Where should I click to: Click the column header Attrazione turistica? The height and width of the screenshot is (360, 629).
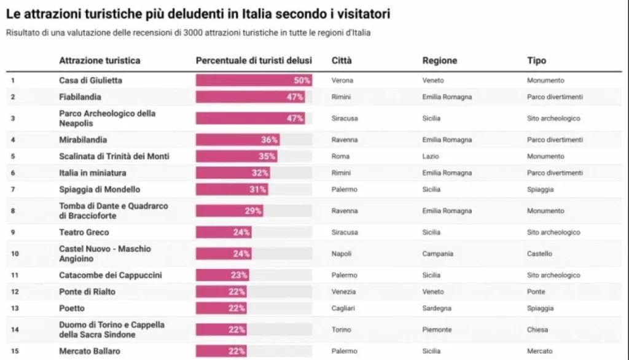100,61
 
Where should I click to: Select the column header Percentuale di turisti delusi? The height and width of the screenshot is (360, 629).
254,61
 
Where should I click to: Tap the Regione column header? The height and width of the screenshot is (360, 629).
439,61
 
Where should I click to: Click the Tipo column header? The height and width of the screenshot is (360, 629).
536,61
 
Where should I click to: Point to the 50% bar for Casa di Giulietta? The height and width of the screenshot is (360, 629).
254,80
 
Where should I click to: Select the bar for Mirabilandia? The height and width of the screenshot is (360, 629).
238,140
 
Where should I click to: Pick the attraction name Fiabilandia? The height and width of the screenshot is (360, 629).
80,97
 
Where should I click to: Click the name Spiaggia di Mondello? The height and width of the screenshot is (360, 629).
100,189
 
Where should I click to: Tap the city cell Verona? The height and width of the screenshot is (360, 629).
342,80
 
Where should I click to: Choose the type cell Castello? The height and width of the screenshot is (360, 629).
539,254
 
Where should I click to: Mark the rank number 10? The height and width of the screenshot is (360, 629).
15,254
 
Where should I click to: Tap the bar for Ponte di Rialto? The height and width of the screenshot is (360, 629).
221,292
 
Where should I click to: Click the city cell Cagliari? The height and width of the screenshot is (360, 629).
342,308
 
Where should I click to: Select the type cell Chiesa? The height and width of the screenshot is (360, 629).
537,330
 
